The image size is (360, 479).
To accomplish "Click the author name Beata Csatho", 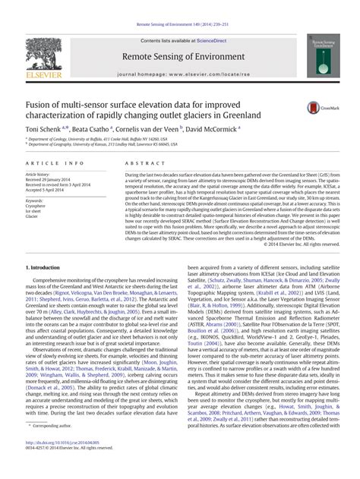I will [x=88, y=130].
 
